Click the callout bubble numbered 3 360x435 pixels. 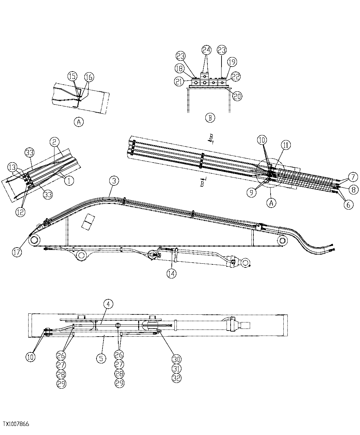point(114,181)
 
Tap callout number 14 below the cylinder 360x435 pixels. point(171,273)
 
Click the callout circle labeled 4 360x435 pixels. point(108,304)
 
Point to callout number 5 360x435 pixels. point(101,358)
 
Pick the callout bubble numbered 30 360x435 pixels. point(176,358)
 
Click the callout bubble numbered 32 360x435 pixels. point(176,378)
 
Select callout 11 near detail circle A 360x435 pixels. point(285,145)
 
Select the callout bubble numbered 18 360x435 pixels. point(179,69)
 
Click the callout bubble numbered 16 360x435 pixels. point(89,77)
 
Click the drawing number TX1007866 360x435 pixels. point(16,424)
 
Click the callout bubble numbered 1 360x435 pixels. point(69,181)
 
